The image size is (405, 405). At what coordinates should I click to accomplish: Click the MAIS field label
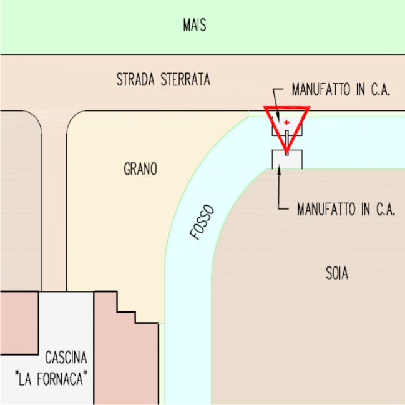click(x=194, y=26)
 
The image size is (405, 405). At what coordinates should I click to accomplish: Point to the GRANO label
click(x=140, y=169)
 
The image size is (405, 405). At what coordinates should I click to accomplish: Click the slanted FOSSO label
click(x=202, y=222)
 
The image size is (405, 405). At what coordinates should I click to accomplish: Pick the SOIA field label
click(x=336, y=273)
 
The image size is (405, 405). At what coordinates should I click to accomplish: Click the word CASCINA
click(x=66, y=358)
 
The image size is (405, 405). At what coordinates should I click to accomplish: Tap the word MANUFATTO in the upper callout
click(x=317, y=90)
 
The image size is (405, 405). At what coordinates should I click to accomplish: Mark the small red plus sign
click(x=286, y=122)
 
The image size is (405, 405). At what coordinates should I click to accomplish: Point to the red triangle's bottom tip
click(x=286, y=153)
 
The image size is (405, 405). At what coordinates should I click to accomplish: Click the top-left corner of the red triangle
click(x=265, y=109)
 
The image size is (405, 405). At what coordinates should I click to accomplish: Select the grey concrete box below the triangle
click(x=287, y=160)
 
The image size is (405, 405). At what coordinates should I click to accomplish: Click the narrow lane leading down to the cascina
click(x=54, y=206)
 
